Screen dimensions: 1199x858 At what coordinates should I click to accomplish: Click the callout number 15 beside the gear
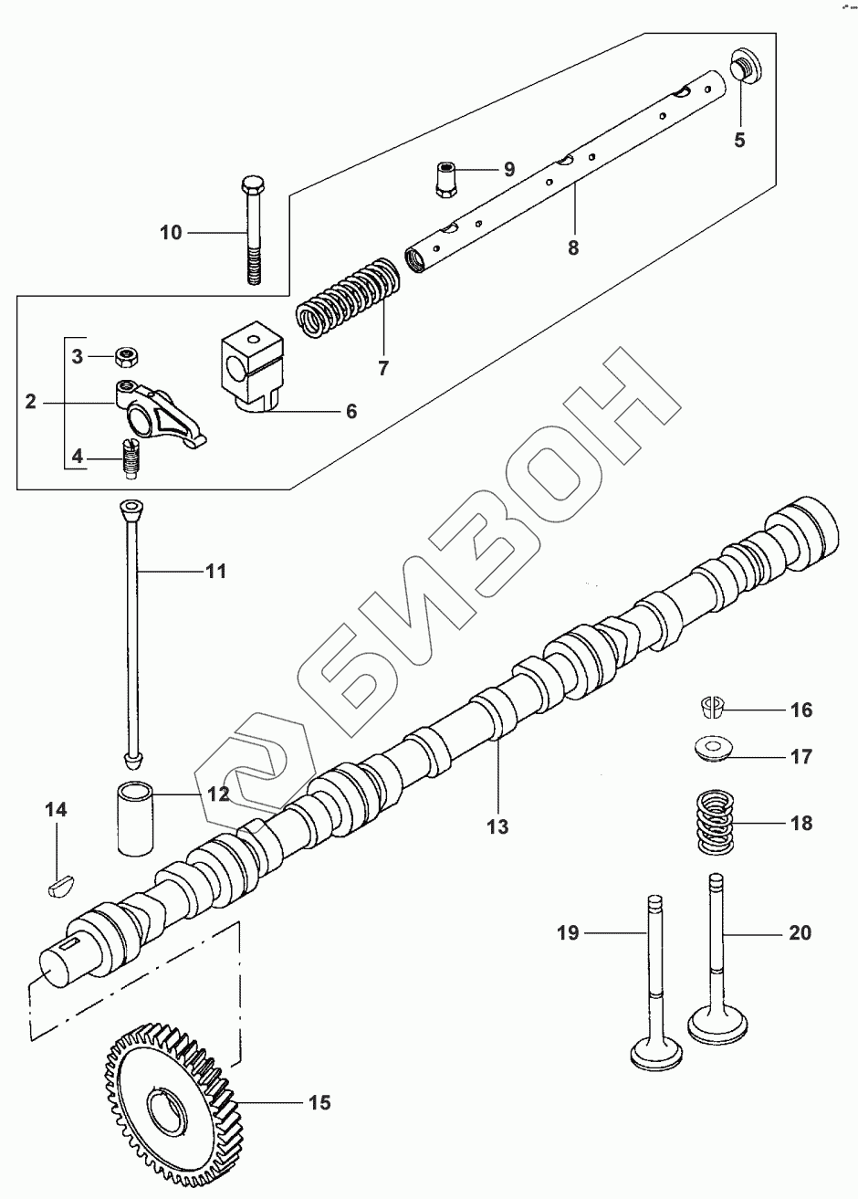pos(319,1102)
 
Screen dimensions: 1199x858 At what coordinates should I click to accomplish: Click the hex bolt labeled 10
pos(252,232)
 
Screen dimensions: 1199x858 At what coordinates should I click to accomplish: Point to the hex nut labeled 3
pos(127,355)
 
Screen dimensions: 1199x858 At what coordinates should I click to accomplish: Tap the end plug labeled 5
pos(746,68)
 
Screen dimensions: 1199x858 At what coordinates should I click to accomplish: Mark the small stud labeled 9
pos(446,179)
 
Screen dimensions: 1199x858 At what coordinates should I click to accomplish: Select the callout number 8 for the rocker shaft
pos(573,247)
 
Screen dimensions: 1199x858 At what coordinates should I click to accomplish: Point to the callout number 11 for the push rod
pos(215,572)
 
